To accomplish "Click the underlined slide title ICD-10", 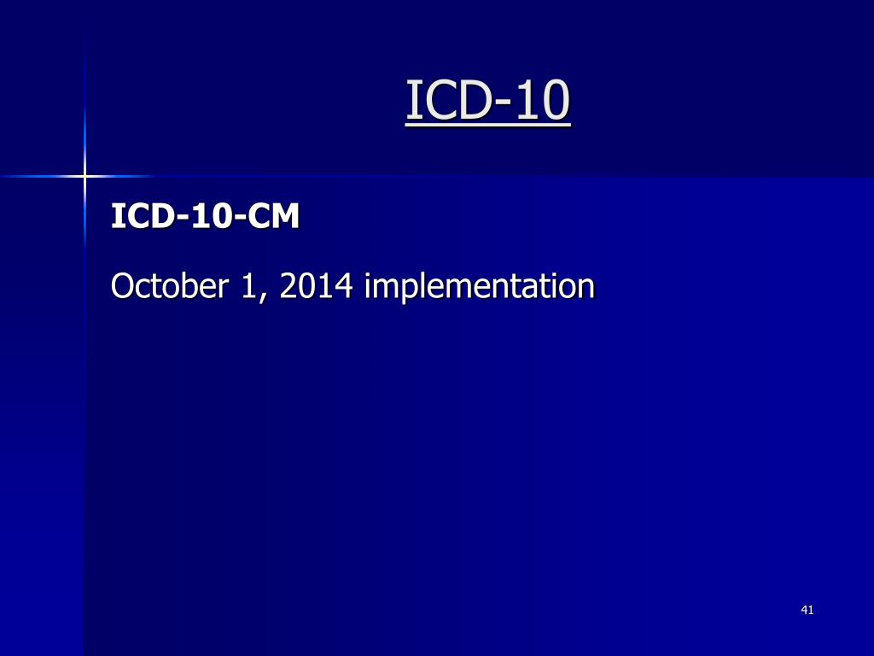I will tap(487, 100).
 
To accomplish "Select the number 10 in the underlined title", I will tap(546, 100).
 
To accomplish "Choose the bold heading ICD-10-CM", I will tap(206, 217).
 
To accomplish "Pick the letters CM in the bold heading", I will tap(274, 217).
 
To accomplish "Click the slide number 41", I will tap(807, 610).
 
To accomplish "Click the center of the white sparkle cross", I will tap(84, 176).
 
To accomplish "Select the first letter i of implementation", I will tap(368, 285).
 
